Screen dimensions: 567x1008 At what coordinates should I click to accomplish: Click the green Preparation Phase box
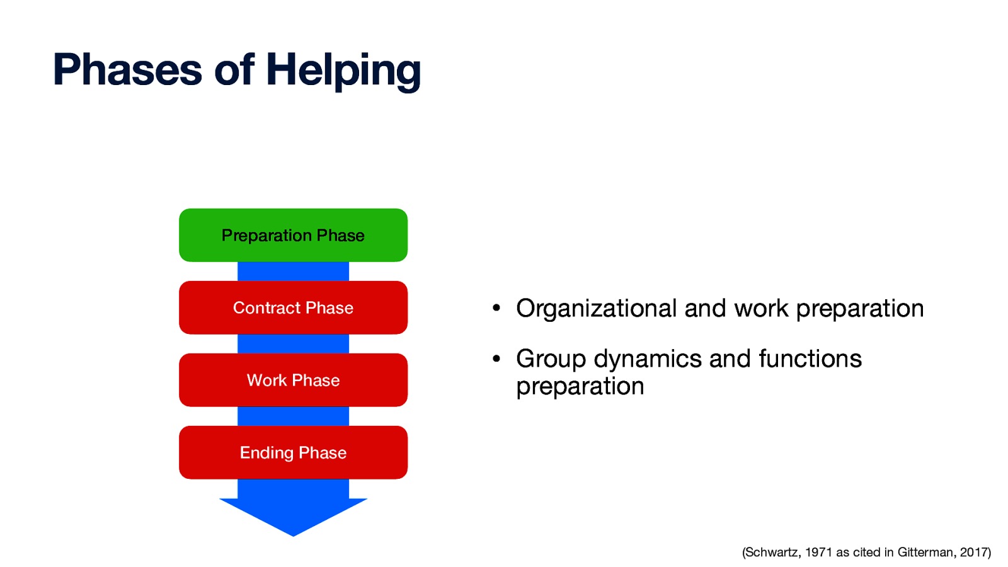[293, 235]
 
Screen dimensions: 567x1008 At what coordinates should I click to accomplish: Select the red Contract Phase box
[293, 307]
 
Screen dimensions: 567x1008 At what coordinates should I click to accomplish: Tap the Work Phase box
[293, 380]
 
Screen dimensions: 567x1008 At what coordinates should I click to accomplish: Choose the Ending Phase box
[293, 452]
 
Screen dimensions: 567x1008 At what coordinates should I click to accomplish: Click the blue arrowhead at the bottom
[293, 513]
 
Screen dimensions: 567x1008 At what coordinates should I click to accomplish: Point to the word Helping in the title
[343, 70]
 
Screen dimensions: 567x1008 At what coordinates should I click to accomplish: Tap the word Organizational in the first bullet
[596, 309]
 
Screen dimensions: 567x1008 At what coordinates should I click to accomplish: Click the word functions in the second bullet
[810, 359]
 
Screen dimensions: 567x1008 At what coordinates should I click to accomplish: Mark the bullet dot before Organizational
[496, 309]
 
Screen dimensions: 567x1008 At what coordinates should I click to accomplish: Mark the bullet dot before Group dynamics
[496, 359]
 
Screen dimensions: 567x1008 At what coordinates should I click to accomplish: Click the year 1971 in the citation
[818, 553]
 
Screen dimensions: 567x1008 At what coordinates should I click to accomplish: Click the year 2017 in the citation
[974, 553]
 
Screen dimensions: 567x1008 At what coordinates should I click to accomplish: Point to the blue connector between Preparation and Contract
[293, 272]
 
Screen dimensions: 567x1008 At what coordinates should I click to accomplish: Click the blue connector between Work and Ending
[293, 416]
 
